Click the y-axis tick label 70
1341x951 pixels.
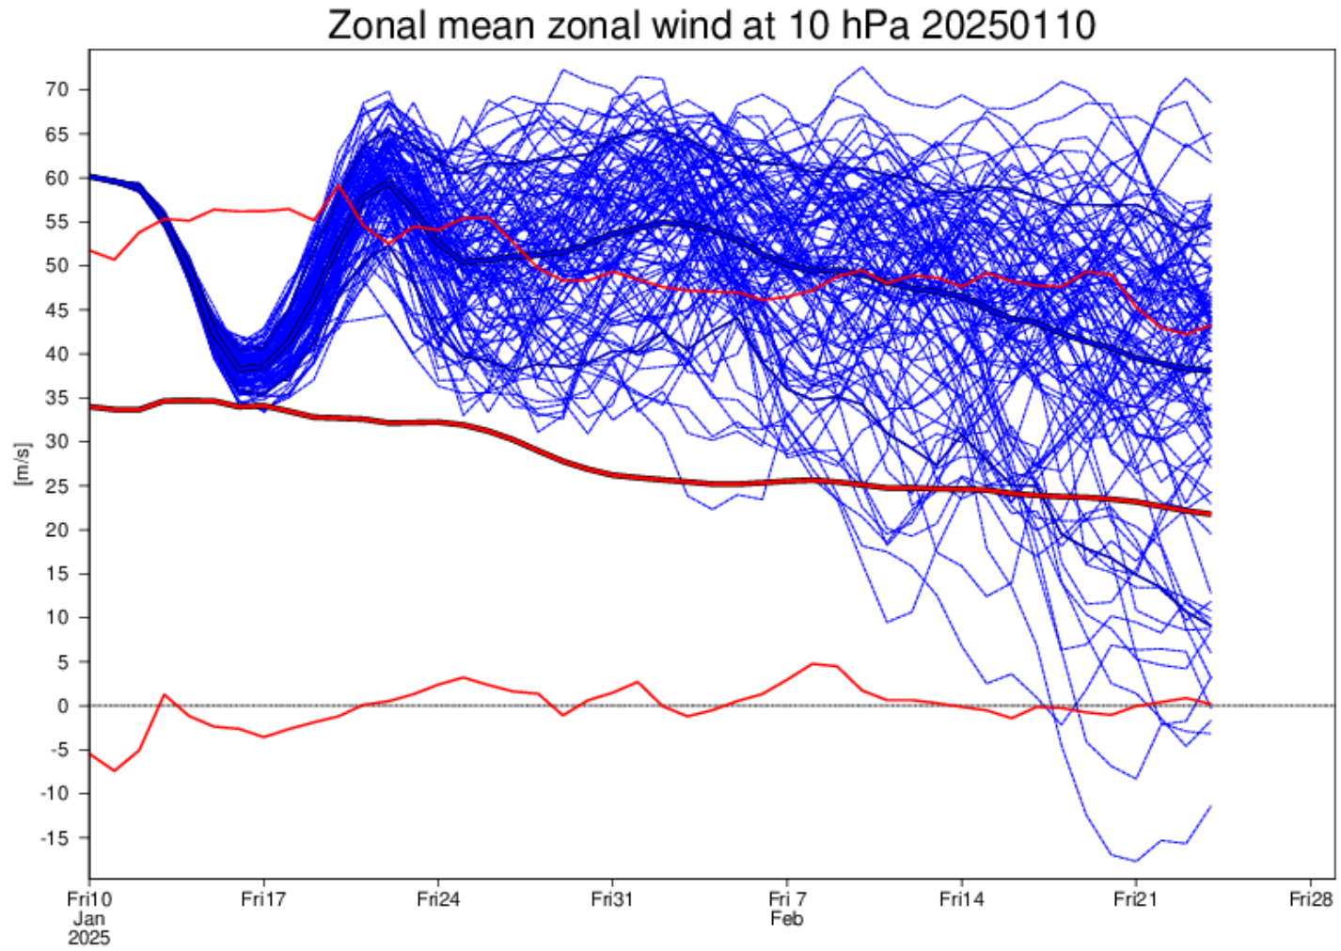(x=57, y=89)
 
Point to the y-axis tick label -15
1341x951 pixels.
(x=54, y=838)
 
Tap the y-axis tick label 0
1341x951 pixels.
(x=63, y=705)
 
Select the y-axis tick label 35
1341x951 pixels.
(x=57, y=398)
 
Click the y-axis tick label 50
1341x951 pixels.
(x=57, y=266)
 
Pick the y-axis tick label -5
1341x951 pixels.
(x=58, y=750)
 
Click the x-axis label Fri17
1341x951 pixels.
(x=263, y=900)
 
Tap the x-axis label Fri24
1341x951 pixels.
(x=438, y=900)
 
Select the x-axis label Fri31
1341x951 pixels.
(x=612, y=900)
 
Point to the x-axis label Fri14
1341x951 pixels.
(x=961, y=900)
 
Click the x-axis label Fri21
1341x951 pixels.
(x=1135, y=900)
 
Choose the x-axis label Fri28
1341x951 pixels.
(x=1310, y=900)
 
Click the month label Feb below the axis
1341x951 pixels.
(x=786, y=919)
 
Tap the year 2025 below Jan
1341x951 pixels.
(x=89, y=938)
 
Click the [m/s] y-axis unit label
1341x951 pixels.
(x=23, y=464)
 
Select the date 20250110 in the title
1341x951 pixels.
(x=1008, y=25)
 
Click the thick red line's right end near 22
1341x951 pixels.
(x=1209, y=514)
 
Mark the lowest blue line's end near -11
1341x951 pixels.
(x=1210, y=806)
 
